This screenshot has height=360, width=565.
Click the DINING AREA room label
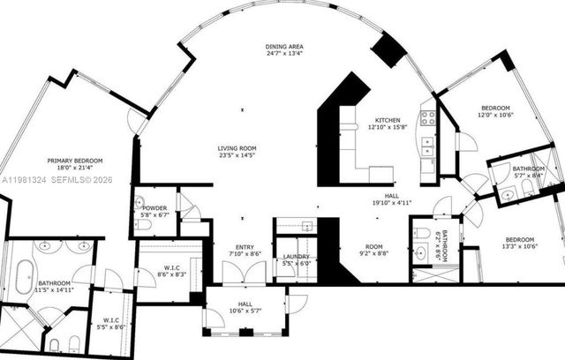pos(283,45)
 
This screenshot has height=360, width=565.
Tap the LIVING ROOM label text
pos(237,148)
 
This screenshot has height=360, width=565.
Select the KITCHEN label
pos(388,120)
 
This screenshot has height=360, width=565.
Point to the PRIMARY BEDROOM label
pos(75,161)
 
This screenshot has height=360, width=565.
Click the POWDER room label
pos(154,207)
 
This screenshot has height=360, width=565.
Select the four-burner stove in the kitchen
pos(427,116)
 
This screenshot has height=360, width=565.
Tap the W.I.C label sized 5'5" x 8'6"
pos(111,320)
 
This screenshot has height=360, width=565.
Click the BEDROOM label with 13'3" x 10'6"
pos(520,240)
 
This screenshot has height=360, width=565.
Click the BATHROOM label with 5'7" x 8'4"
pos(528,168)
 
